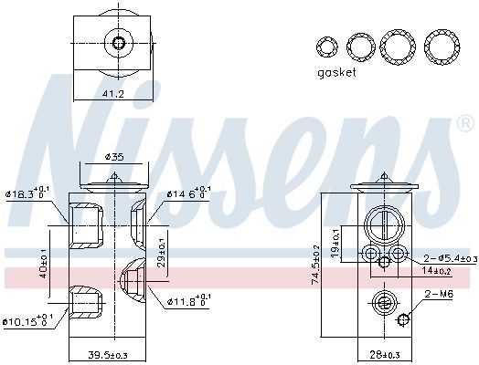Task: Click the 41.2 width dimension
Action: (112, 93)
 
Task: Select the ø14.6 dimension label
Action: (188, 193)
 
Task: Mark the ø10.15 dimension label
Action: (29, 320)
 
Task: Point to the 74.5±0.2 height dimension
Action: (315, 265)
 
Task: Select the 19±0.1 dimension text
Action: (346, 236)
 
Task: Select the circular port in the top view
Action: (116, 41)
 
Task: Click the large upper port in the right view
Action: (383, 222)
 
